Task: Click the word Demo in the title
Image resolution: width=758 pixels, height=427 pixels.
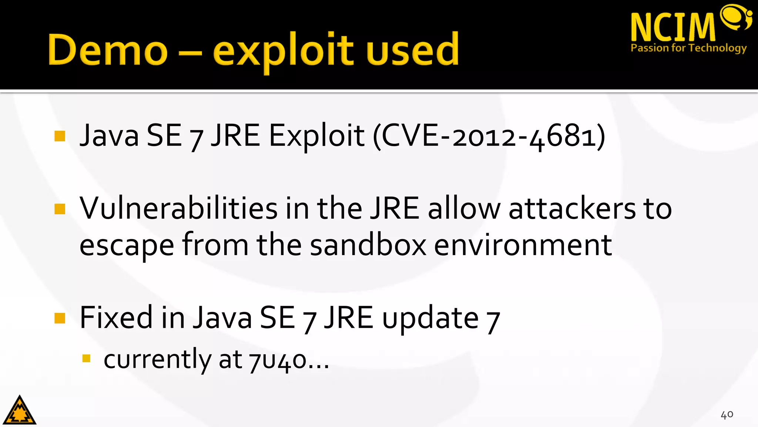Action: click(108, 50)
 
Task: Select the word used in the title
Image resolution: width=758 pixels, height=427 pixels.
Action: click(413, 50)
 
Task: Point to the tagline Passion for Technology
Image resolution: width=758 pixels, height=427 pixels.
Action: click(688, 48)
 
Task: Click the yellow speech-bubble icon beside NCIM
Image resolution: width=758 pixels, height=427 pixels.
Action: click(736, 17)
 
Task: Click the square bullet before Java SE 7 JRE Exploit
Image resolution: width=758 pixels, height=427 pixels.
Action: click(60, 136)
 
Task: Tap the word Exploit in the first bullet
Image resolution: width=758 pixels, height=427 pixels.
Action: click(316, 136)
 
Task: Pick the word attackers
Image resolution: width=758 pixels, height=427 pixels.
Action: click(572, 208)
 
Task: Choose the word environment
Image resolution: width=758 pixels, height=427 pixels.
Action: click(523, 245)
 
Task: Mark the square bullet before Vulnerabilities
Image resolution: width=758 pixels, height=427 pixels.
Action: click(60, 209)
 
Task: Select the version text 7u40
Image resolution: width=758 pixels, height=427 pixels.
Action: click(278, 360)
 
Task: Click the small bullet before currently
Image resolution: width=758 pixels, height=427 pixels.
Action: click(87, 358)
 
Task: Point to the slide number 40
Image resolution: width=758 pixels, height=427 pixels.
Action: click(727, 414)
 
